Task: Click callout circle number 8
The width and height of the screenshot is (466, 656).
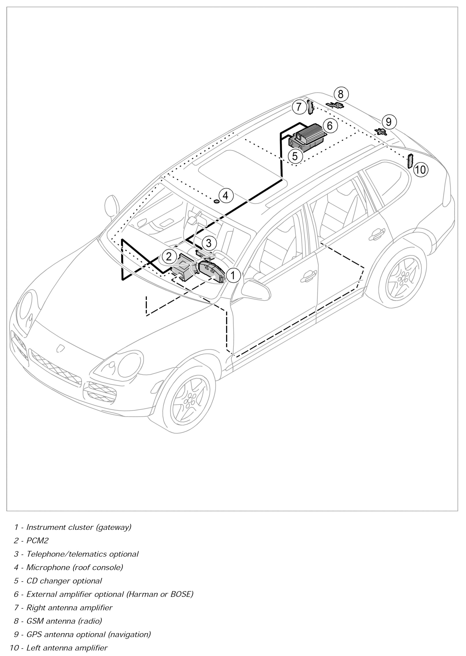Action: (x=341, y=94)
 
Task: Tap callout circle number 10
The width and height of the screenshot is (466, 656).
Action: (x=420, y=170)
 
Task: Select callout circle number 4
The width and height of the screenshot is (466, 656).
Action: (x=225, y=195)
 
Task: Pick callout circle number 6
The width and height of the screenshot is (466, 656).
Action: (x=330, y=125)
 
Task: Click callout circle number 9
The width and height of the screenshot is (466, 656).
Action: (x=388, y=122)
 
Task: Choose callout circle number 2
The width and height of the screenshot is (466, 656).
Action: (x=169, y=256)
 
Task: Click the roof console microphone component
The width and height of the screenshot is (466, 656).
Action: (x=216, y=201)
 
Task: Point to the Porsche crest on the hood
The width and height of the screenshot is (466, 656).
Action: (x=60, y=347)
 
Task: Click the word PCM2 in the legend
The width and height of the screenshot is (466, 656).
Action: (x=37, y=541)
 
